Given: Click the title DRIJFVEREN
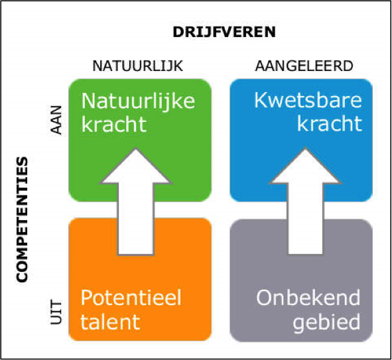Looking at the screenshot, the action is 224,32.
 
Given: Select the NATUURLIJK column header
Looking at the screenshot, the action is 137,66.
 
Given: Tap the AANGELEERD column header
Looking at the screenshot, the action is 304,66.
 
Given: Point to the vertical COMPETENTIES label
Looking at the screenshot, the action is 22,219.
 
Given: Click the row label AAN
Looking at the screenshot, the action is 56,120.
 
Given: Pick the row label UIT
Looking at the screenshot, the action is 56,313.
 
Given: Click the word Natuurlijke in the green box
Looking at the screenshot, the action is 138,101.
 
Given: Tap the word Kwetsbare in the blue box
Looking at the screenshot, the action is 308,100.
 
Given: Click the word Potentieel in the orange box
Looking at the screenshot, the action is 131,298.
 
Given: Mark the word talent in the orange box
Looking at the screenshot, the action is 110,322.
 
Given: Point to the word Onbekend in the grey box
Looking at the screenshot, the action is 308,298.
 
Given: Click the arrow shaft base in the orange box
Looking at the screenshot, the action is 136,255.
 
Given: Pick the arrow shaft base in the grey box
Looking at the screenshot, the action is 306,254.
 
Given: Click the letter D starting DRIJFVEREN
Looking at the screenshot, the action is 178,32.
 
